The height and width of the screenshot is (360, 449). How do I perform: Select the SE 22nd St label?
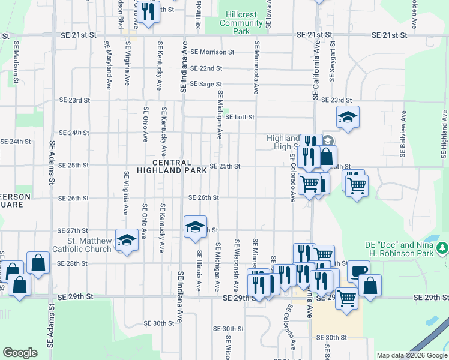[206, 68]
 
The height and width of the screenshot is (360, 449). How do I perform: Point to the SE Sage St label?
[206, 85]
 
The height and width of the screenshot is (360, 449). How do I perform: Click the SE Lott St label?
[240, 117]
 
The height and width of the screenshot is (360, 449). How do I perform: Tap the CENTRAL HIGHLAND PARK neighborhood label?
[172, 167]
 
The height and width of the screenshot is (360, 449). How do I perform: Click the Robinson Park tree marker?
[442, 247]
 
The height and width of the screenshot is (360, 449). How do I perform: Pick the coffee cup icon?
[358, 271]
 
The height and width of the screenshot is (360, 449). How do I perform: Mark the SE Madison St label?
[16, 59]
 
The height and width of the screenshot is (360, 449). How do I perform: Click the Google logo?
[20, 353]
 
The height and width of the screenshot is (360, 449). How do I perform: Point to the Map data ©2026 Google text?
[411, 355]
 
